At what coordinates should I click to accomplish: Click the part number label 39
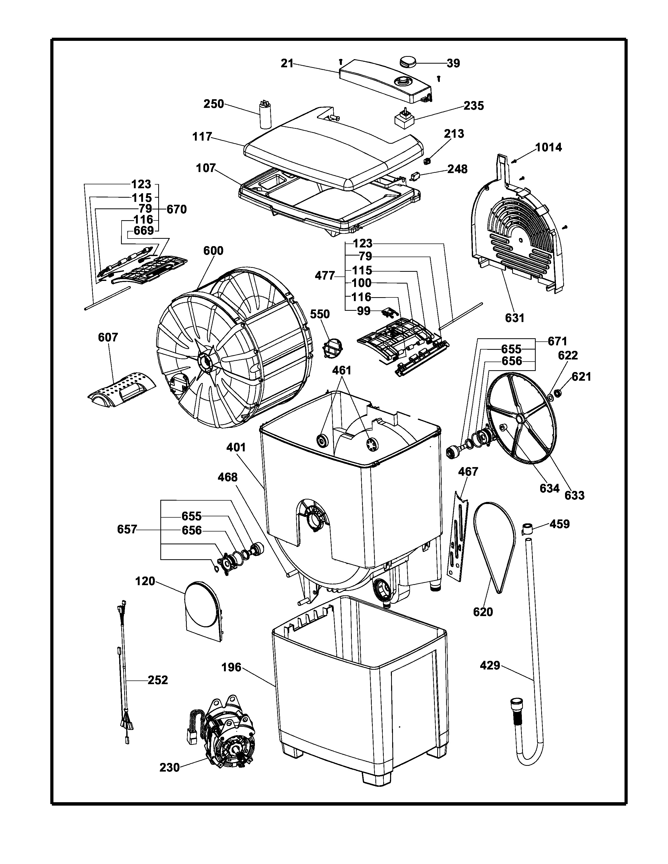click(x=453, y=63)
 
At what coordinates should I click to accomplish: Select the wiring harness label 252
click(x=158, y=680)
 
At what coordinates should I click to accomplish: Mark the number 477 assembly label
click(x=325, y=276)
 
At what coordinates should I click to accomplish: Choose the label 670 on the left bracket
click(x=177, y=209)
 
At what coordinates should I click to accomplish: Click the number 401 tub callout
click(x=236, y=447)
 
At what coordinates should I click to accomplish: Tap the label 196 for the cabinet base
click(x=232, y=667)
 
